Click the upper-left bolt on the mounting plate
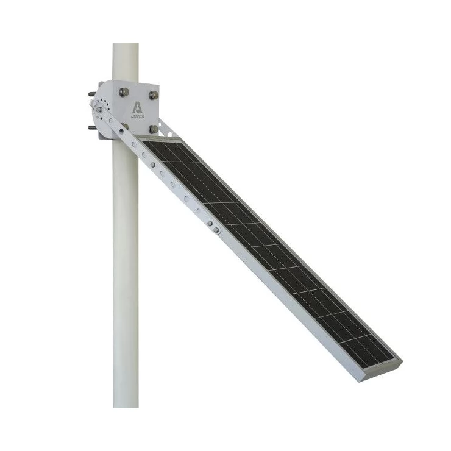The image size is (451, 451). pos(124,92)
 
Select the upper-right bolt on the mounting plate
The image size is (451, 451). pos(154,95)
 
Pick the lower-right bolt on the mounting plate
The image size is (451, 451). pos(153,129)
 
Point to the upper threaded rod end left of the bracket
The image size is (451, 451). pos(91,95)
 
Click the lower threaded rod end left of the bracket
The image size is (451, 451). pos(91,127)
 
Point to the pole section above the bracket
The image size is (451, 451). pos(126,61)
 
